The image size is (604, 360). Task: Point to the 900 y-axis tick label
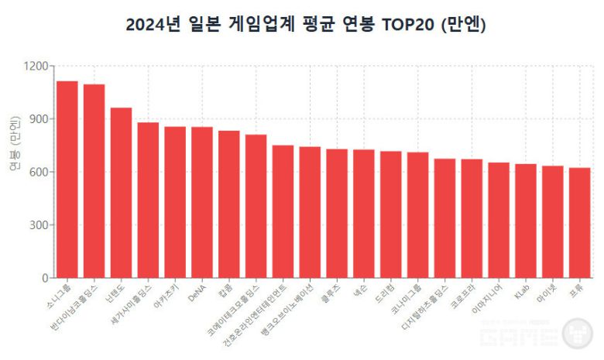(x=38, y=119)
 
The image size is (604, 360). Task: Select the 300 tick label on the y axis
(x=38, y=225)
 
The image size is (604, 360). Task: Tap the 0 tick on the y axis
(x=45, y=278)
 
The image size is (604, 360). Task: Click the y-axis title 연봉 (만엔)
(x=15, y=144)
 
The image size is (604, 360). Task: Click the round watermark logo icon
(x=577, y=334)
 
